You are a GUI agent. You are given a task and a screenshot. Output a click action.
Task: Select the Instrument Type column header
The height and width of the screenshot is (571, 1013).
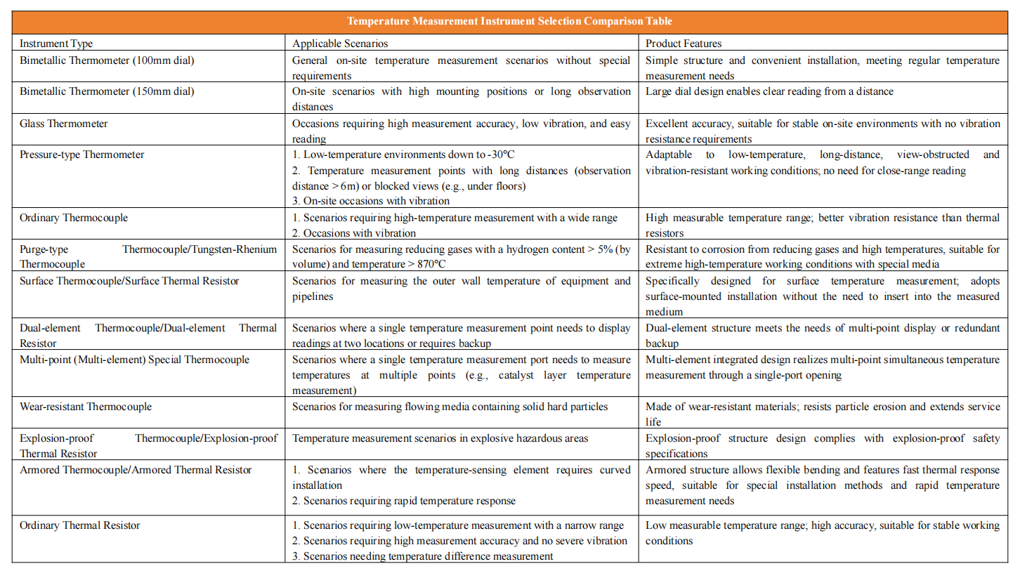point(56,44)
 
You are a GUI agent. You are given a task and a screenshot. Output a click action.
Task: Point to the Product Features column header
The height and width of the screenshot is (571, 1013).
point(684,44)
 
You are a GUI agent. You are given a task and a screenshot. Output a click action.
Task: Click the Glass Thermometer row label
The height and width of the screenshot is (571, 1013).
point(63,124)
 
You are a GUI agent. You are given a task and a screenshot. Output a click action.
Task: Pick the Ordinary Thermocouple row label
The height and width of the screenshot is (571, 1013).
point(74,218)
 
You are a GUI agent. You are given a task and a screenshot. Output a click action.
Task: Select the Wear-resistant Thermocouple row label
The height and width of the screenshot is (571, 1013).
point(86,407)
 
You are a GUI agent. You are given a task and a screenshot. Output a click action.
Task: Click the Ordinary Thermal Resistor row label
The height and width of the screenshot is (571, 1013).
point(80,525)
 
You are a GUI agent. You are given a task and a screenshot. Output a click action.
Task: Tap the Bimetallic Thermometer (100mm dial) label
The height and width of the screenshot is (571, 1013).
point(107,60)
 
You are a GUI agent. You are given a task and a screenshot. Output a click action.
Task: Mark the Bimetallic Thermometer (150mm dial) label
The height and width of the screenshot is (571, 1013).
point(107,91)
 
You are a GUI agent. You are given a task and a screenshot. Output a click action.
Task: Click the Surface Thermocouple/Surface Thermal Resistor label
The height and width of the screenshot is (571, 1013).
point(129,281)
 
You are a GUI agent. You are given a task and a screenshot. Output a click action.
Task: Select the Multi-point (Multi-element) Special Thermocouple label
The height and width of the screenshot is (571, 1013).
point(134,360)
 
